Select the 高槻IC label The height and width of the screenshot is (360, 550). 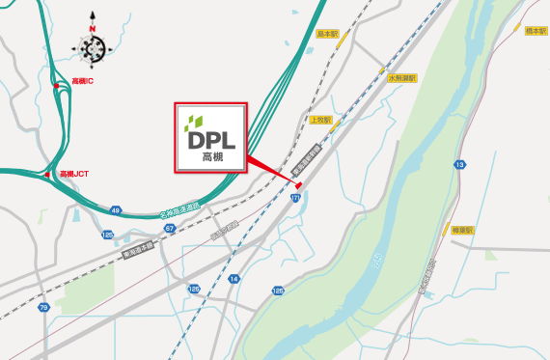coord(82,82)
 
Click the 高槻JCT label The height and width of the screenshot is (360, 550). coord(76,174)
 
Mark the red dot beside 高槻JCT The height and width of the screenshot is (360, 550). coord(46,175)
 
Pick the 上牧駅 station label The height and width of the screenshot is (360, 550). coord(321,121)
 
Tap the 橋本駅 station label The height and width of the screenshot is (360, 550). coord(535,32)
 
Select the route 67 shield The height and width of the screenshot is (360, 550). coord(169,229)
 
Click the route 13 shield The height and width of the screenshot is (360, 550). coord(460,166)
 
